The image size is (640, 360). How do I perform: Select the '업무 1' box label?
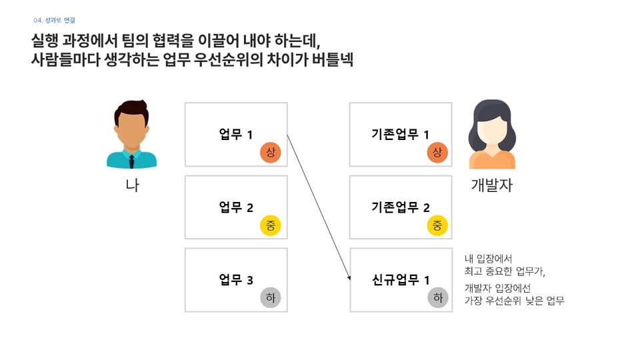[x=236, y=135]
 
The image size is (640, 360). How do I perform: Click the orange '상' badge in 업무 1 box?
[x=270, y=153]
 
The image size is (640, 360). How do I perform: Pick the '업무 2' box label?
[x=236, y=207]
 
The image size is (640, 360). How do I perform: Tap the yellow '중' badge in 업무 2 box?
[x=270, y=225]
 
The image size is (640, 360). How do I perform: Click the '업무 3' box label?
[x=236, y=280]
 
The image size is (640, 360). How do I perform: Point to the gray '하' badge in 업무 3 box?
[x=270, y=298]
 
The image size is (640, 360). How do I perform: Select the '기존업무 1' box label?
[x=400, y=135]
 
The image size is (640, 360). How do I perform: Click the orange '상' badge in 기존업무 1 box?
[x=437, y=153]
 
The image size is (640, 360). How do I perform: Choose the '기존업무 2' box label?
[x=400, y=207]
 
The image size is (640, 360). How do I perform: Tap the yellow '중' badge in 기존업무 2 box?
[x=437, y=225]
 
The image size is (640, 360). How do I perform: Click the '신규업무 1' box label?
[x=400, y=280]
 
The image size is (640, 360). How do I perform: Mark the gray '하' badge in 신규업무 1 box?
[x=437, y=298]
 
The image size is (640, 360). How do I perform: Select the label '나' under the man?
[x=132, y=186]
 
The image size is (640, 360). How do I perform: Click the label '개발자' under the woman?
[x=492, y=186]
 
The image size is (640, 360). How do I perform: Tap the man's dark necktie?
[x=132, y=161]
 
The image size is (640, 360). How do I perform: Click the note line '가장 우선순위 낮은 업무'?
[x=514, y=301]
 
